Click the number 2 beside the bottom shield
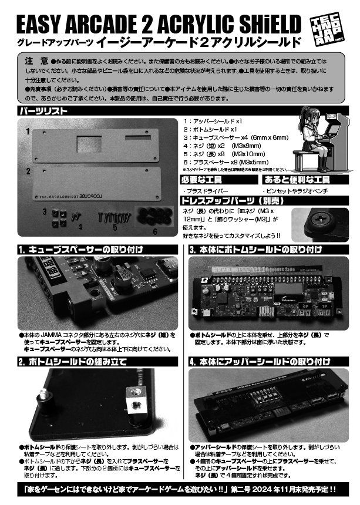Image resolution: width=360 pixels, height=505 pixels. click(x=27, y=171)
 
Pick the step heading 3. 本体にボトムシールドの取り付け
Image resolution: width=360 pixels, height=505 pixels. click(x=255, y=250)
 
